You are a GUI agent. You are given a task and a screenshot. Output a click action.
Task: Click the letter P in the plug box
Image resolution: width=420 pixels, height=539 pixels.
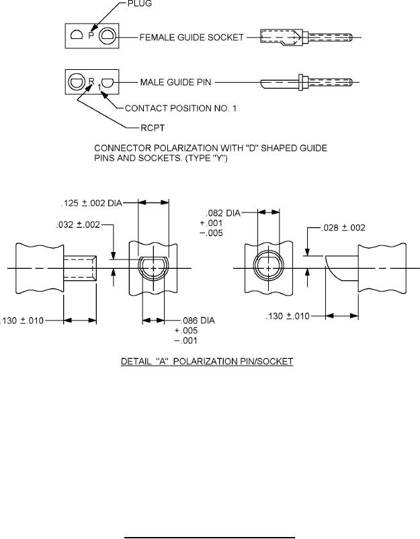tap(90, 36)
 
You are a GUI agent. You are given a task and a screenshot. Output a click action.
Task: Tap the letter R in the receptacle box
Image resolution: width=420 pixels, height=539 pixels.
tap(92, 81)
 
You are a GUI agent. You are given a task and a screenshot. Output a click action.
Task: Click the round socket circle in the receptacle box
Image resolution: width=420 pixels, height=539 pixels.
tap(76, 83)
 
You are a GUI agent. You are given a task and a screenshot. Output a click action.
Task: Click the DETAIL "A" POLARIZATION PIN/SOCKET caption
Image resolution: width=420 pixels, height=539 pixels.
tap(207, 362)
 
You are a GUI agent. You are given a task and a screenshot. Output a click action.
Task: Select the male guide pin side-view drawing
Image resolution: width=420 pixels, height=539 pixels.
tap(282, 83)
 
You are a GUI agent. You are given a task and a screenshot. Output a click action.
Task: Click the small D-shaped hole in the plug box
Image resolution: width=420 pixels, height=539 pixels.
tap(76, 36)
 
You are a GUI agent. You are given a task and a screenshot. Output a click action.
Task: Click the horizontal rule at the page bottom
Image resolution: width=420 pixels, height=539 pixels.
tap(210, 518)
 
